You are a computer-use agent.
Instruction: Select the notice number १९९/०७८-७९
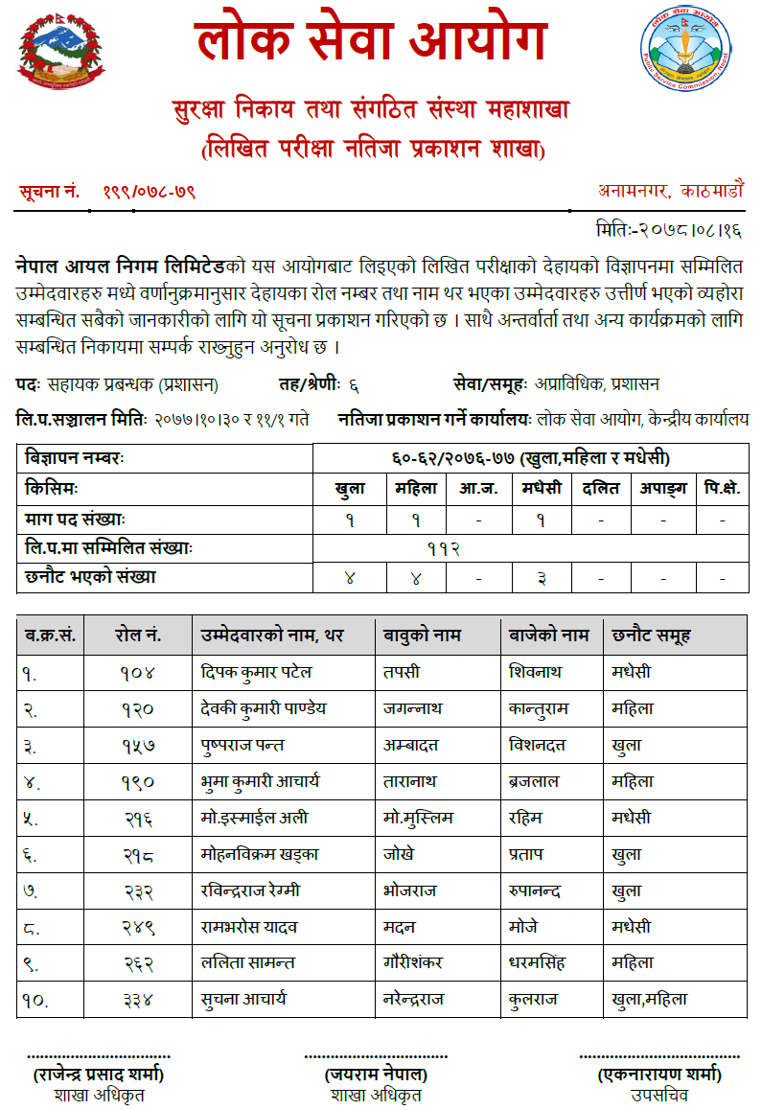[150, 192]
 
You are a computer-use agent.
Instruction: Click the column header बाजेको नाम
[548, 636]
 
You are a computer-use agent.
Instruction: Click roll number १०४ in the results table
[138, 672]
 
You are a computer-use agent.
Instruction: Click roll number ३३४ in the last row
[138, 999]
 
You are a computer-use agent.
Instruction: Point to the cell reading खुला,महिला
[650, 999]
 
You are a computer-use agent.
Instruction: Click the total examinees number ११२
[444, 548]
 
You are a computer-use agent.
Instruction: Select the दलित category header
[601, 488]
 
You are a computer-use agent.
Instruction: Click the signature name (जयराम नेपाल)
[376, 1075]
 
